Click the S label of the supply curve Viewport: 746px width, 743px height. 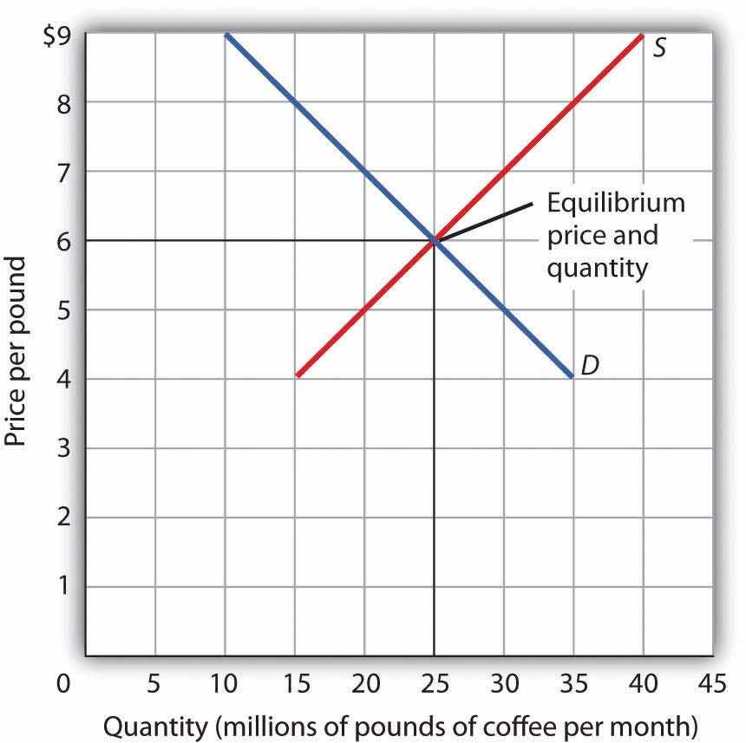pos(659,47)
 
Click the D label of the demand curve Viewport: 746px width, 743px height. pos(590,366)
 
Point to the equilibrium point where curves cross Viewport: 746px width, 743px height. pos(434,240)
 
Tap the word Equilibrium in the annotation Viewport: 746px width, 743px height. pos(616,204)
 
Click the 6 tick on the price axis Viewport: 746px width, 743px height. pos(65,241)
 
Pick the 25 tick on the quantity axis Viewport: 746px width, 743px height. pos(434,684)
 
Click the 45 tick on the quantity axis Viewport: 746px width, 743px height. pos(711,684)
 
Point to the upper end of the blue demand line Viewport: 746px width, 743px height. pos(226,35)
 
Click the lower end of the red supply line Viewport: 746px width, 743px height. pos(298,375)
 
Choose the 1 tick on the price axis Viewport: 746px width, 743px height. pos(65,586)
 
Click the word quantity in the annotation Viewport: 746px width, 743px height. pos(597,268)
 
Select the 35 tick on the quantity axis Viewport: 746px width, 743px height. pos(573,684)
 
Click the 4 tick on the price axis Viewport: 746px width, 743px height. pos(65,379)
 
